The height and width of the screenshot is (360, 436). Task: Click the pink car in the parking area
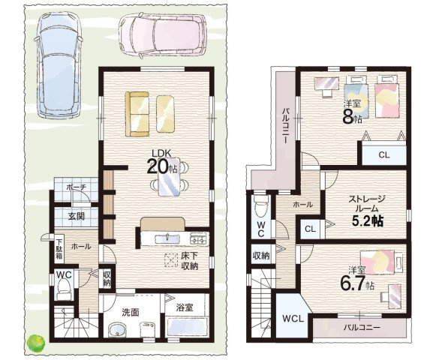(163, 35)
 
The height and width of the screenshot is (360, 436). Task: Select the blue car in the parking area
(59, 65)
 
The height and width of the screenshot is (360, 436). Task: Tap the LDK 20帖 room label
(162, 162)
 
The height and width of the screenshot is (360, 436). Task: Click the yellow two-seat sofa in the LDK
(137, 114)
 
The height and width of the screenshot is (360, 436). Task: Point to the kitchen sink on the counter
(167, 238)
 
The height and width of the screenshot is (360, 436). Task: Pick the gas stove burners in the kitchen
(199, 238)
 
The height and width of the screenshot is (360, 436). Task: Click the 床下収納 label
(190, 260)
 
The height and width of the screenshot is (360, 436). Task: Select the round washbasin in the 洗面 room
(117, 329)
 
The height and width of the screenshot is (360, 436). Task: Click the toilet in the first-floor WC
(65, 290)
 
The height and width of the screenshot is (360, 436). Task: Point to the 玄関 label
(77, 216)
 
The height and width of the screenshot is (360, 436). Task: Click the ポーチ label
(77, 187)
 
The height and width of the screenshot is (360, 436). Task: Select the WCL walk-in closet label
(293, 319)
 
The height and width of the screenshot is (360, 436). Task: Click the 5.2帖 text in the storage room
(368, 220)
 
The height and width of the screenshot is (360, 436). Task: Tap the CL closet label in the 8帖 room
(384, 155)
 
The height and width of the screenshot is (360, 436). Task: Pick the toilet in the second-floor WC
(260, 205)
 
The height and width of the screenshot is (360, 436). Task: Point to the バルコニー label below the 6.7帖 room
(362, 327)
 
